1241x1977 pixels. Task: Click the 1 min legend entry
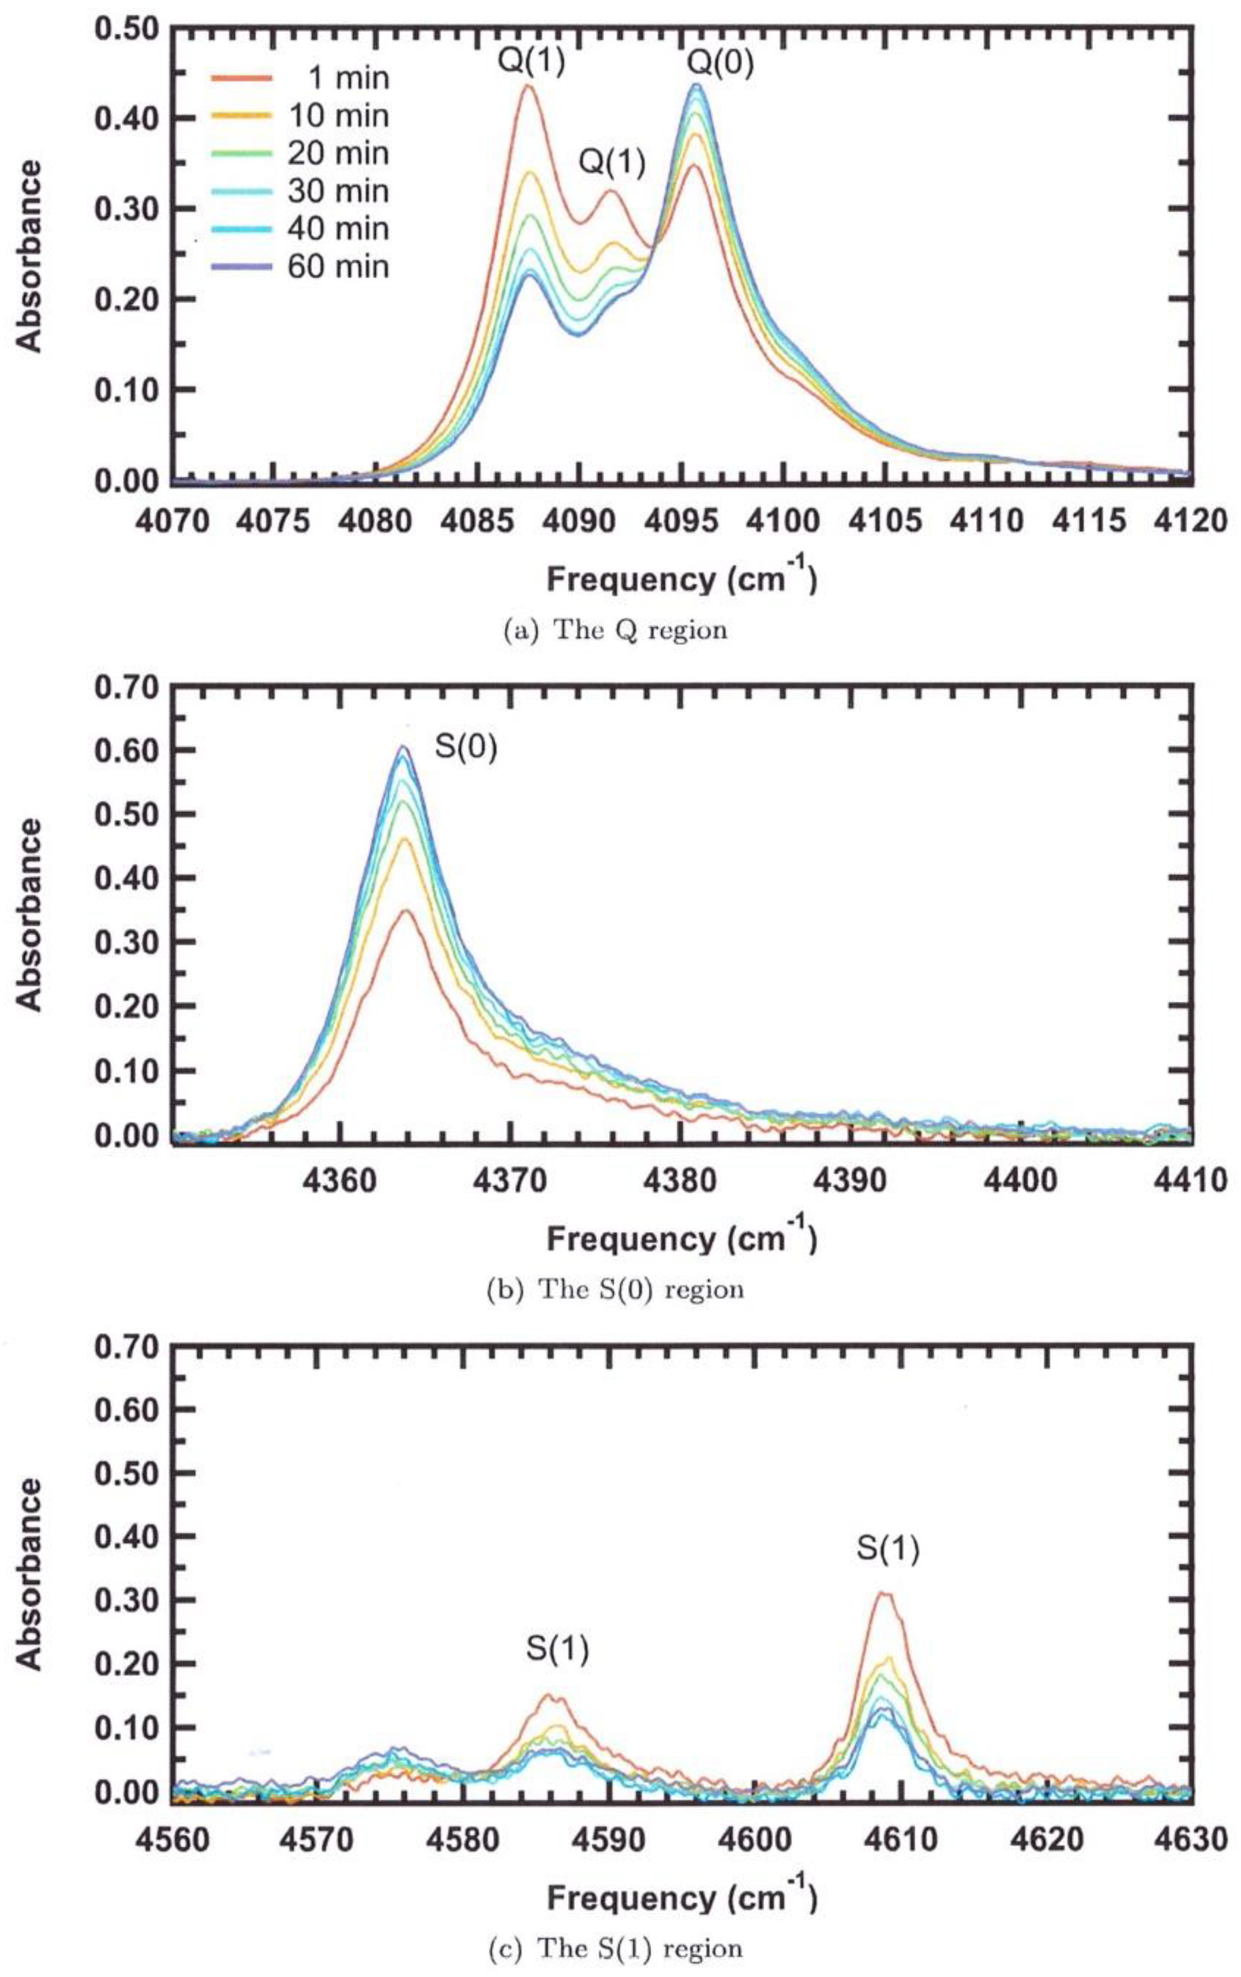pos(300,78)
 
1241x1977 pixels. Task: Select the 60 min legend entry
pos(300,267)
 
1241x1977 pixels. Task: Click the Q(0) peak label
pos(720,63)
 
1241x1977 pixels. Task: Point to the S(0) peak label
pos(466,748)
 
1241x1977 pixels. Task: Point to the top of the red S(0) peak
pos(405,910)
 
